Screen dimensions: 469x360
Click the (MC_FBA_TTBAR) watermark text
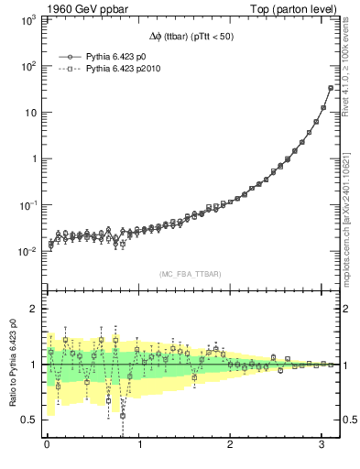point(190,274)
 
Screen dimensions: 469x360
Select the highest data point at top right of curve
point(331,88)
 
